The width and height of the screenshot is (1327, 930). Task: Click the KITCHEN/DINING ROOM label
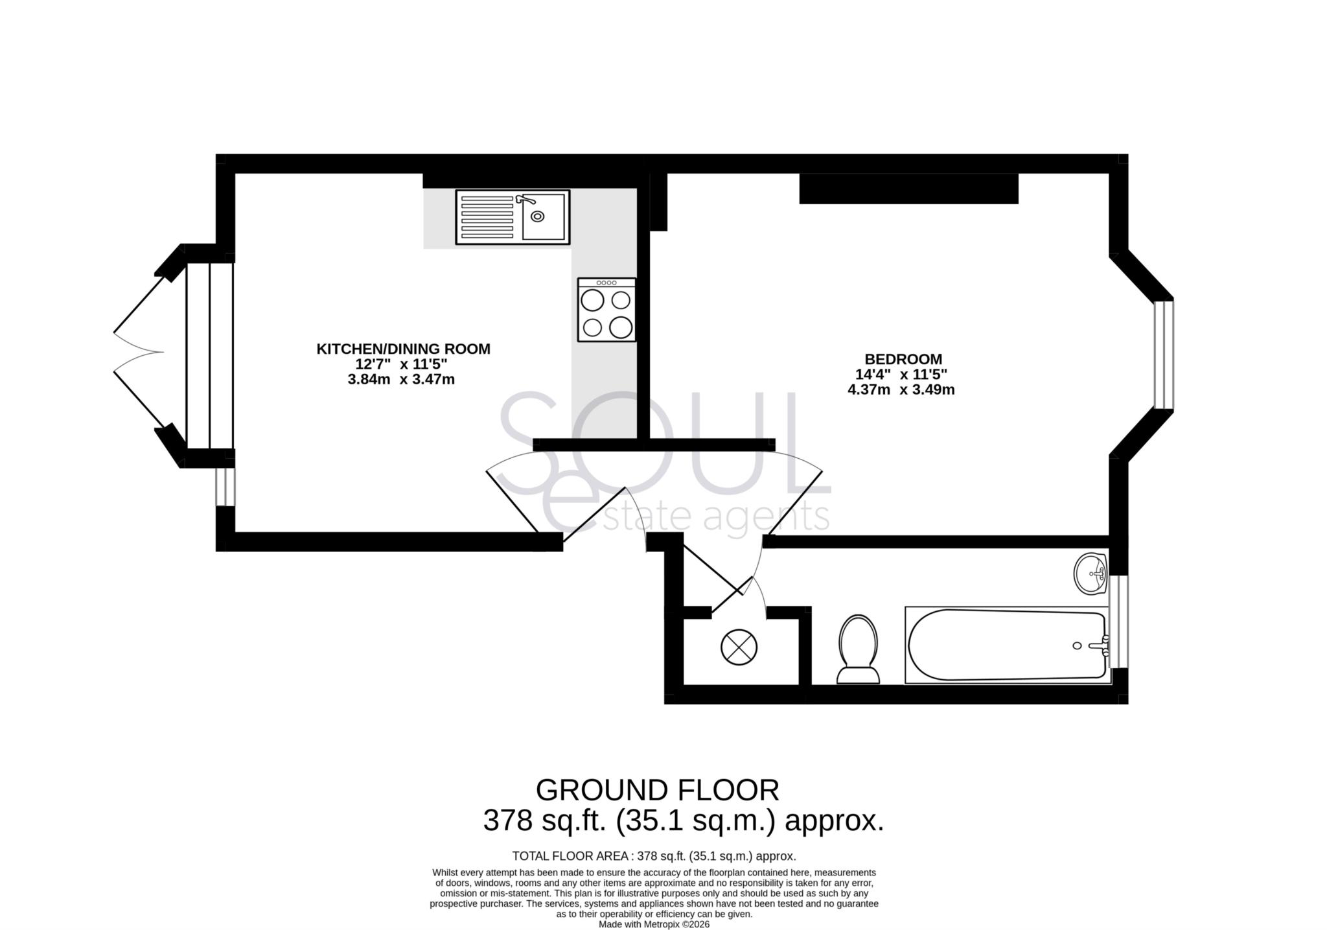[403, 349]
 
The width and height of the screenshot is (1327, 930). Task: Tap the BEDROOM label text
[903, 359]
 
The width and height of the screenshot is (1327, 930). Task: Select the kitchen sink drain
[537, 216]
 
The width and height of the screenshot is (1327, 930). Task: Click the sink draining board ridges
[487, 217]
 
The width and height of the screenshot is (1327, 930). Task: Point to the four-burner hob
[606, 310]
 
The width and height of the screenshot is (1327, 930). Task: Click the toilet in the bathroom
[858, 649]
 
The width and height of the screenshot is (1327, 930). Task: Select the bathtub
[1006, 645]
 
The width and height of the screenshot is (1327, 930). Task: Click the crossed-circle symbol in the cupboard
[739, 647]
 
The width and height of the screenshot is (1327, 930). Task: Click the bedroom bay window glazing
[1164, 355]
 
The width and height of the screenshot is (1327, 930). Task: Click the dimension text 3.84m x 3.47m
[401, 380]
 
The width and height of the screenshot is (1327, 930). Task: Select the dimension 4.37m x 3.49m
[901, 390]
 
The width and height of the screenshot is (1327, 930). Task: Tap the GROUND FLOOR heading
[657, 790]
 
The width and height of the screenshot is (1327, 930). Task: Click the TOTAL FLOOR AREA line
[654, 856]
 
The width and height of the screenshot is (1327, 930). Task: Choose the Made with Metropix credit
[654, 925]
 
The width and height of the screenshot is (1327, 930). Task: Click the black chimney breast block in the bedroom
[908, 189]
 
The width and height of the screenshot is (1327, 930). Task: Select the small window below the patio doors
[225, 487]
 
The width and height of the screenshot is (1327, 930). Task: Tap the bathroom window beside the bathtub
[1120, 622]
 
